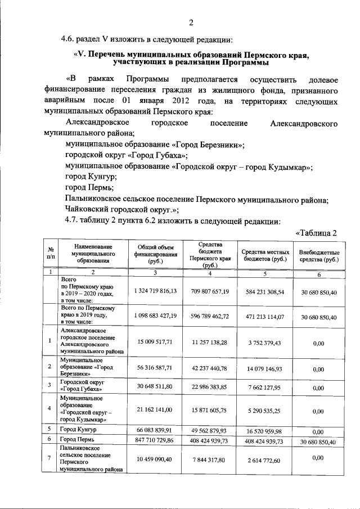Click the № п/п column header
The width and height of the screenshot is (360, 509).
click(51, 254)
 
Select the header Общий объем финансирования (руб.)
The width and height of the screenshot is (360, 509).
click(156, 254)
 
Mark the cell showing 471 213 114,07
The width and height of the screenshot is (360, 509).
click(265, 317)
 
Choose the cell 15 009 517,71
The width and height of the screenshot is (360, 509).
click(156, 341)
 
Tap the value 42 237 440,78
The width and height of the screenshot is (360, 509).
click(210, 369)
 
